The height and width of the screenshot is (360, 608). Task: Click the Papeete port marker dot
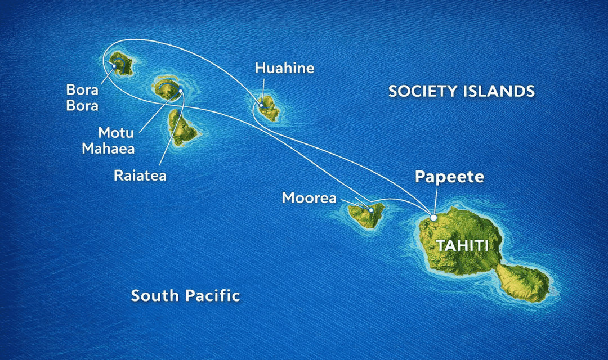[433, 217]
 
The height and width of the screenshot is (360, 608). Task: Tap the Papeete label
[449, 177]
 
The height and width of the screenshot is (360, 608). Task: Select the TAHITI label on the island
[461, 245]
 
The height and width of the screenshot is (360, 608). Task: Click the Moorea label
[309, 198]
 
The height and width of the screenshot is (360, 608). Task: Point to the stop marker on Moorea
[371, 210]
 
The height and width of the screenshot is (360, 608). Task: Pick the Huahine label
[284, 69]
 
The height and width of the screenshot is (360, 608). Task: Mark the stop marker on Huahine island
[262, 105]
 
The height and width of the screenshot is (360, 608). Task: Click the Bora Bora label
[82, 97]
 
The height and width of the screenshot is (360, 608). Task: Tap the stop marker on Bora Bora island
[114, 66]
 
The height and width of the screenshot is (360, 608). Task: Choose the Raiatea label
[140, 175]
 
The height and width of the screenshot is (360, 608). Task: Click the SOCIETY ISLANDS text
[461, 91]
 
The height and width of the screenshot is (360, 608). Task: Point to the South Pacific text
[185, 295]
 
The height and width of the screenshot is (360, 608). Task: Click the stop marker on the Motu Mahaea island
[180, 90]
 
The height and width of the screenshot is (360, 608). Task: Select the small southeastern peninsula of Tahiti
[523, 281]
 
